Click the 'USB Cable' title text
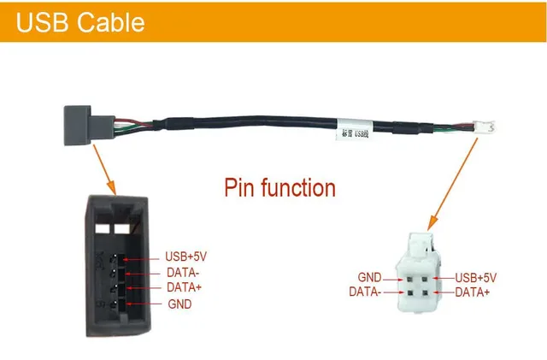point(80,22)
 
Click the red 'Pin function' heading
point(280,186)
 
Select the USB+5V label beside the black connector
point(185,257)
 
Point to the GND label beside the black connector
point(179,304)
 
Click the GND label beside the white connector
point(370,278)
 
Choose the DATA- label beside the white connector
point(365,292)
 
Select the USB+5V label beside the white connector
point(475,278)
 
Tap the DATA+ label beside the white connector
point(472,292)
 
